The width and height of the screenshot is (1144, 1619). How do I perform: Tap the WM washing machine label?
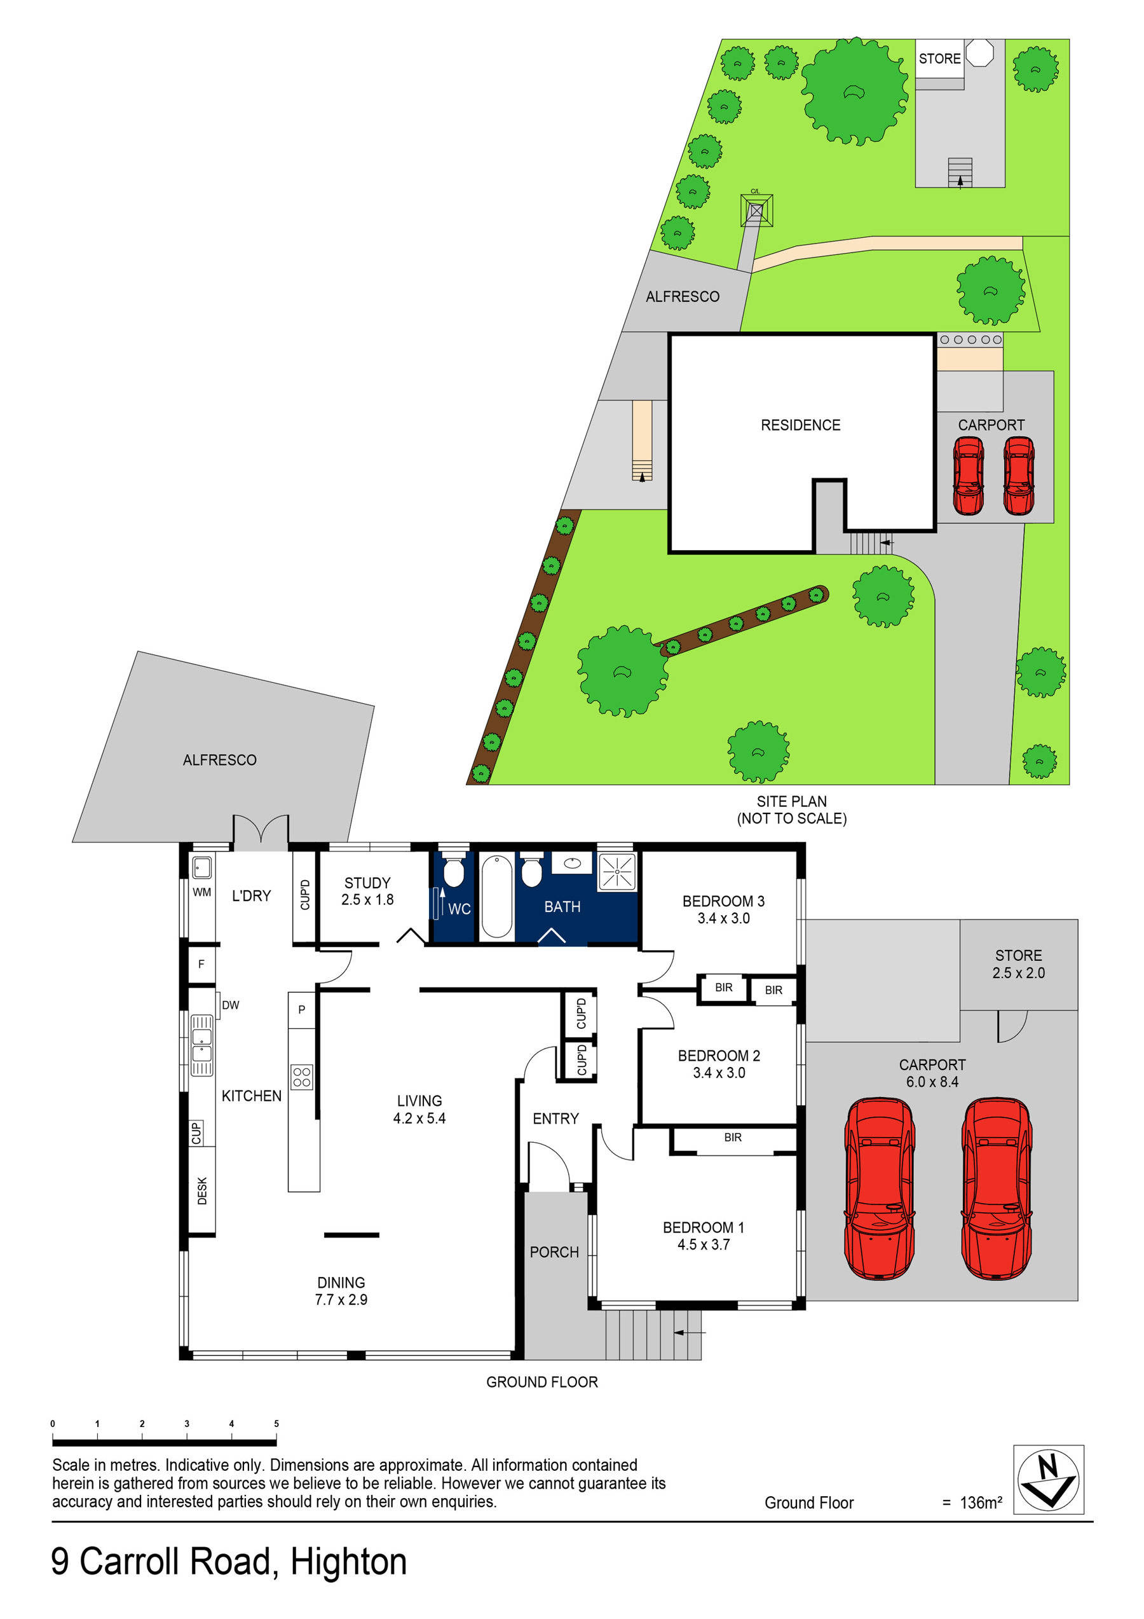201,892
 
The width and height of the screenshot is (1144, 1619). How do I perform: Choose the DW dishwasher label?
231,1005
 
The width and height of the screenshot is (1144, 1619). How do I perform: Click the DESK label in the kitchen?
202,1191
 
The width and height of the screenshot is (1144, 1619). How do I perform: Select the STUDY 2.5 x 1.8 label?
367,892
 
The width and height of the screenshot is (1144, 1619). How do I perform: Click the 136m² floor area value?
981,1503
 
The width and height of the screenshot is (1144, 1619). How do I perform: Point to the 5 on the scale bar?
276,1424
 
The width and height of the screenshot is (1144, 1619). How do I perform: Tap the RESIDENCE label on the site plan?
800,425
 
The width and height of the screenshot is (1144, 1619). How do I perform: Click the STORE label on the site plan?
939,59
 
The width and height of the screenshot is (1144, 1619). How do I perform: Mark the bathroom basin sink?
571,862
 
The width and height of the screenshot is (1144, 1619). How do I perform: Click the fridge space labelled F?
201,964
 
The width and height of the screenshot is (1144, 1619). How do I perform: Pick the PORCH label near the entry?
554,1252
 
